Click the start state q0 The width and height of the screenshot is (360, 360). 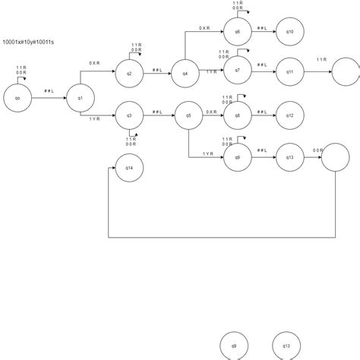click(x=17, y=98)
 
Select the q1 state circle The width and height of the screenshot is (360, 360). click(x=80, y=98)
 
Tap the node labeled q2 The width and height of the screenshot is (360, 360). click(x=129, y=74)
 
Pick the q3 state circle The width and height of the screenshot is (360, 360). click(x=129, y=115)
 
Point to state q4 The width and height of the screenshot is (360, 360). click(x=185, y=74)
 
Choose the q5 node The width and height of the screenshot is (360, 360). click(x=188, y=115)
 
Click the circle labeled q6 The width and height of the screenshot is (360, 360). click(x=237, y=32)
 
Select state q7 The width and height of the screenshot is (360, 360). click(x=237, y=70)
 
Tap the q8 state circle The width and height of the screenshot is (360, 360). click(x=237, y=115)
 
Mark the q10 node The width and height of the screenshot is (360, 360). click(x=289, y=32)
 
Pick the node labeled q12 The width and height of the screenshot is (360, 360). click(x=289, y=115)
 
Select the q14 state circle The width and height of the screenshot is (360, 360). click(x=129, y=167)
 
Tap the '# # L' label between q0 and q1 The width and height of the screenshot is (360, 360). click(x=49, y=91)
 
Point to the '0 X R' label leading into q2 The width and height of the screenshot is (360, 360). click(x=94, y=63)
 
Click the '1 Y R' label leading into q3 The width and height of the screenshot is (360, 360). click(x=94, y=119)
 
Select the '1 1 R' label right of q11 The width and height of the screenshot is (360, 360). click(x=321, y=59)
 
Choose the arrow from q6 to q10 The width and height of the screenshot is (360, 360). click(x=263, y=32)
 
